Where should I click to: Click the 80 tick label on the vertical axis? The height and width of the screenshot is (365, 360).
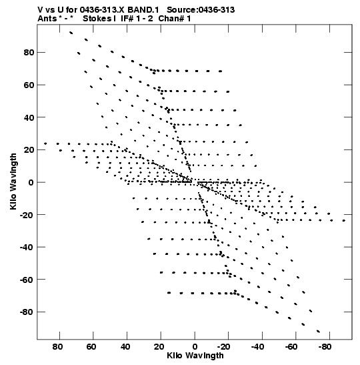(29, 53)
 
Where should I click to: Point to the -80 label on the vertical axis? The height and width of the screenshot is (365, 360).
(27, 312)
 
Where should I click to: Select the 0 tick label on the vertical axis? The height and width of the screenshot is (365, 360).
(31, 183)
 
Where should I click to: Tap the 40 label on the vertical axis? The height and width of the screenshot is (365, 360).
(29, 117)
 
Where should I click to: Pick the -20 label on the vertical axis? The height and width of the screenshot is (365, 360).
(27, 215)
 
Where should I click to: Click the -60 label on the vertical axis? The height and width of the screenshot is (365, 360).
(27, 280)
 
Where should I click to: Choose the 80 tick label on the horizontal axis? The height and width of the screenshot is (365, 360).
(57, 347)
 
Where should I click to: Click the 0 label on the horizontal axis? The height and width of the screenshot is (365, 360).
(195, 347)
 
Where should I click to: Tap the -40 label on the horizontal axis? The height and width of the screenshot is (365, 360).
(257, 347)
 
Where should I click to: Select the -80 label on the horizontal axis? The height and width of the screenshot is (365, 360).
(325, 347)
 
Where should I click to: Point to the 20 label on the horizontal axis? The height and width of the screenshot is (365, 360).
(159, 347)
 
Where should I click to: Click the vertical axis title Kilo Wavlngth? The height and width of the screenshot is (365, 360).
(13, 181)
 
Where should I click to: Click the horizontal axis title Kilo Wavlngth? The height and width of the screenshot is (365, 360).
(195, 356)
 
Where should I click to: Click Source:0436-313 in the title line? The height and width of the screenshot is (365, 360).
(201, 10)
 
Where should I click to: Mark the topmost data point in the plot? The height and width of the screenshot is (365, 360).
(71, 33)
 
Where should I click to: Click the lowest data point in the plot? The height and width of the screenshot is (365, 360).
(319, 331)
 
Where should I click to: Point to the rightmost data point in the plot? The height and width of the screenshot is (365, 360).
(344, 220)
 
